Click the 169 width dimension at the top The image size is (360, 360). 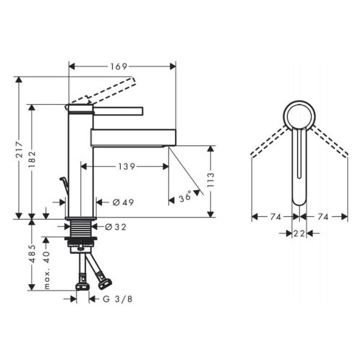(119, 67)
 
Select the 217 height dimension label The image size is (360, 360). (19, 150)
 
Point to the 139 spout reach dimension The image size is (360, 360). (127, 166)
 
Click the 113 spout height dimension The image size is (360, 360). (210, 180)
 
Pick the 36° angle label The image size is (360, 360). (186, 196)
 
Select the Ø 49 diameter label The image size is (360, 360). (123, 202)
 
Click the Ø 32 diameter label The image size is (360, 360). (116, 227)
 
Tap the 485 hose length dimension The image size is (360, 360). (32, 254)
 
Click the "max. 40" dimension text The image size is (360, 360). (46, 270)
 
